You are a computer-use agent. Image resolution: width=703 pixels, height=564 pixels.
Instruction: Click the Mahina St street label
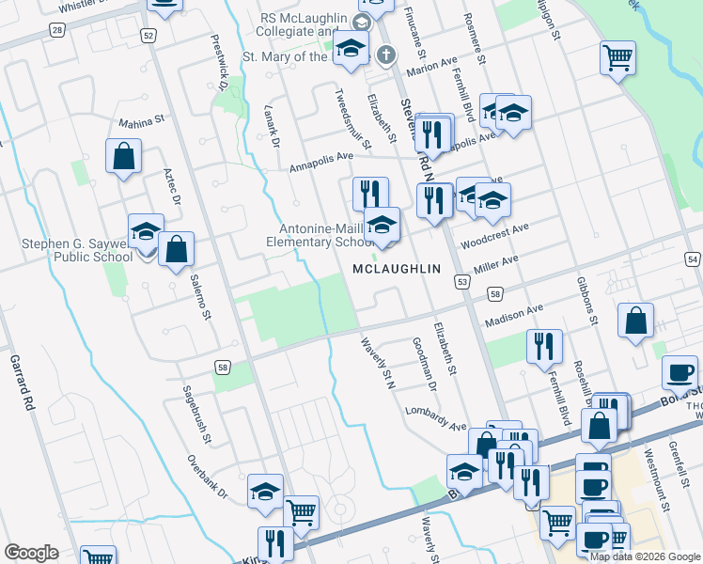click(x=141, y=121)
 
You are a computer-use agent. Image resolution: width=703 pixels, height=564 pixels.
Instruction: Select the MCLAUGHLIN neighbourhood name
click(x=396, y=269)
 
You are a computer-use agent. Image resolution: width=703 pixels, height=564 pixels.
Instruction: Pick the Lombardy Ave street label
click(x=436, y=418)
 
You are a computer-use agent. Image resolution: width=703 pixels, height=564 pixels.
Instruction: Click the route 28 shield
click(x=58, y=31)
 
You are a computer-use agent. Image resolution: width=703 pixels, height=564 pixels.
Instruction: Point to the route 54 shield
click(x=693, y=258)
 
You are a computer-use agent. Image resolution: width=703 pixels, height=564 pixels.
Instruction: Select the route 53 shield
click(x=462, y=282)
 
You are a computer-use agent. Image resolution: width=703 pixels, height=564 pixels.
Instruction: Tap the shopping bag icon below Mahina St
click(x=124, y=157)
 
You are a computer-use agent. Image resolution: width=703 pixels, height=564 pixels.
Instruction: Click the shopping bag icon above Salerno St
click(x=176, y=250)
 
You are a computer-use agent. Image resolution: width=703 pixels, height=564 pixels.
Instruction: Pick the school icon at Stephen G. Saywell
click(x=146, y=231)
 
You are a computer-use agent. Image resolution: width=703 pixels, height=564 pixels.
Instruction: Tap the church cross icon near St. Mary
click(x=384, y=55)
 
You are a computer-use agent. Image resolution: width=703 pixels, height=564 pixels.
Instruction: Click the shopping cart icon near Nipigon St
click(x=617, y=57)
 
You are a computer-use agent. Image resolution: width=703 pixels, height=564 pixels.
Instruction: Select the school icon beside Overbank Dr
click(x=266, y=492)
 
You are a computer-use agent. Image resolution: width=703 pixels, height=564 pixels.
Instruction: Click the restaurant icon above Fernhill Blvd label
click(x=544, y=346)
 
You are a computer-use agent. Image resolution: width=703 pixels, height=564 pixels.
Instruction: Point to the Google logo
click(x=32, y=553)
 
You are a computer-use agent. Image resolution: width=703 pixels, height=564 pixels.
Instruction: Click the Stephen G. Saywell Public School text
click(x=77, y=250)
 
